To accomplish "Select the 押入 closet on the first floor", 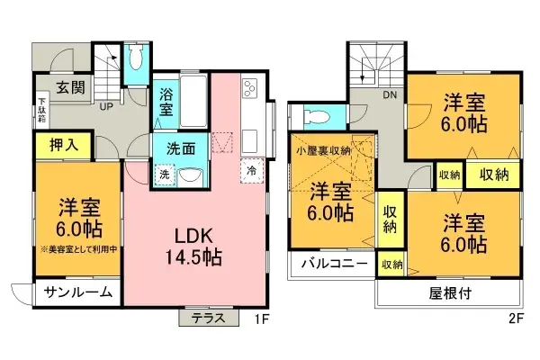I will click(x=57, y=142).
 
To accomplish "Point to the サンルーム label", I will click(x=79, y=292).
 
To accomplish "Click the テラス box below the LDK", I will click(x=209, y=317).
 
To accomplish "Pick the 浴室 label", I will click(x=166, y=100).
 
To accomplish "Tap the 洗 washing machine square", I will click(x=164, y=175).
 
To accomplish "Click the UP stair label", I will click(x=104, y=106).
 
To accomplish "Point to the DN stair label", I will click(x=391, y=94).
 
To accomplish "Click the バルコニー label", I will click(x=332, y=265).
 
